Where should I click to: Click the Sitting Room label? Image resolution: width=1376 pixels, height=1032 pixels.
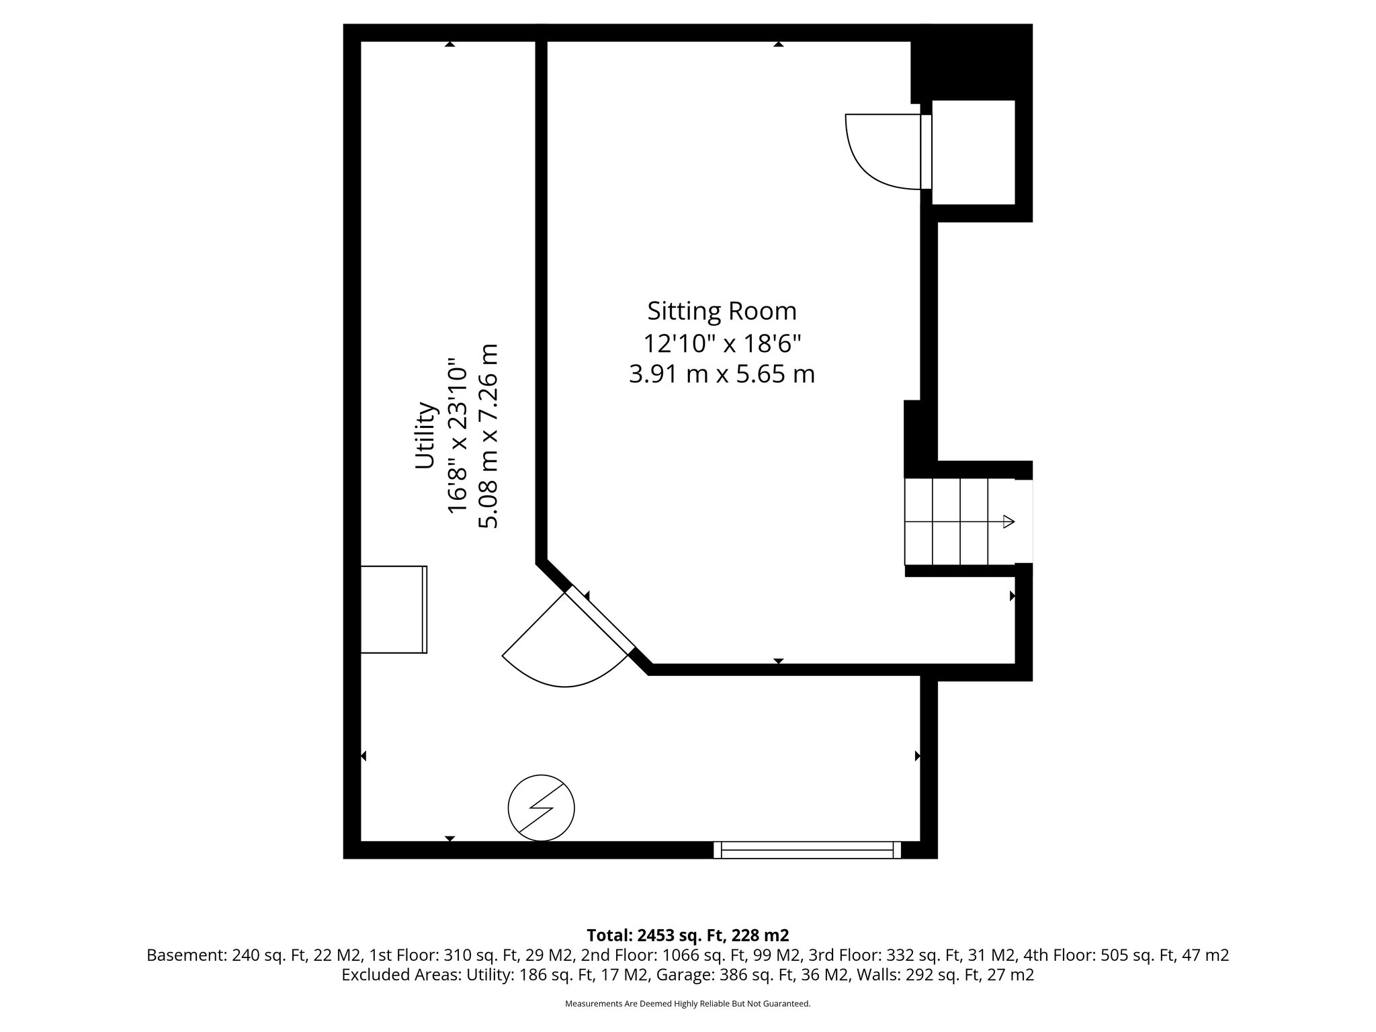click(722, 311)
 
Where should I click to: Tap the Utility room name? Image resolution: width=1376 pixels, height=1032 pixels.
click(425, 435)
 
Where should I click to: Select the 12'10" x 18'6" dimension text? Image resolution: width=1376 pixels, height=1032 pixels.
click(722, 344)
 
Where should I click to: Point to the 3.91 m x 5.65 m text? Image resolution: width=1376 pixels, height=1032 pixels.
click(722, 374)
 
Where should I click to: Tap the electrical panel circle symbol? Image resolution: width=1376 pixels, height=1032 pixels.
click(542, 808)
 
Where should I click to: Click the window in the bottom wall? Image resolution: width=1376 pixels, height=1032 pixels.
click(806, 850)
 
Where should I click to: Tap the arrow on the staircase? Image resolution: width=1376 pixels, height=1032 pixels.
click(1007, 521)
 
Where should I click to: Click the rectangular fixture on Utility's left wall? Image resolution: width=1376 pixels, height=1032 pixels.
click(394, 609)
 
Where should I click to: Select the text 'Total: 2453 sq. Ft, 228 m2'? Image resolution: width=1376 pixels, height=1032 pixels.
click(687, 935)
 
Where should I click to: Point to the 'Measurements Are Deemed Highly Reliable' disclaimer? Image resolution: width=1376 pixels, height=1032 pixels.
click(687, 1004)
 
